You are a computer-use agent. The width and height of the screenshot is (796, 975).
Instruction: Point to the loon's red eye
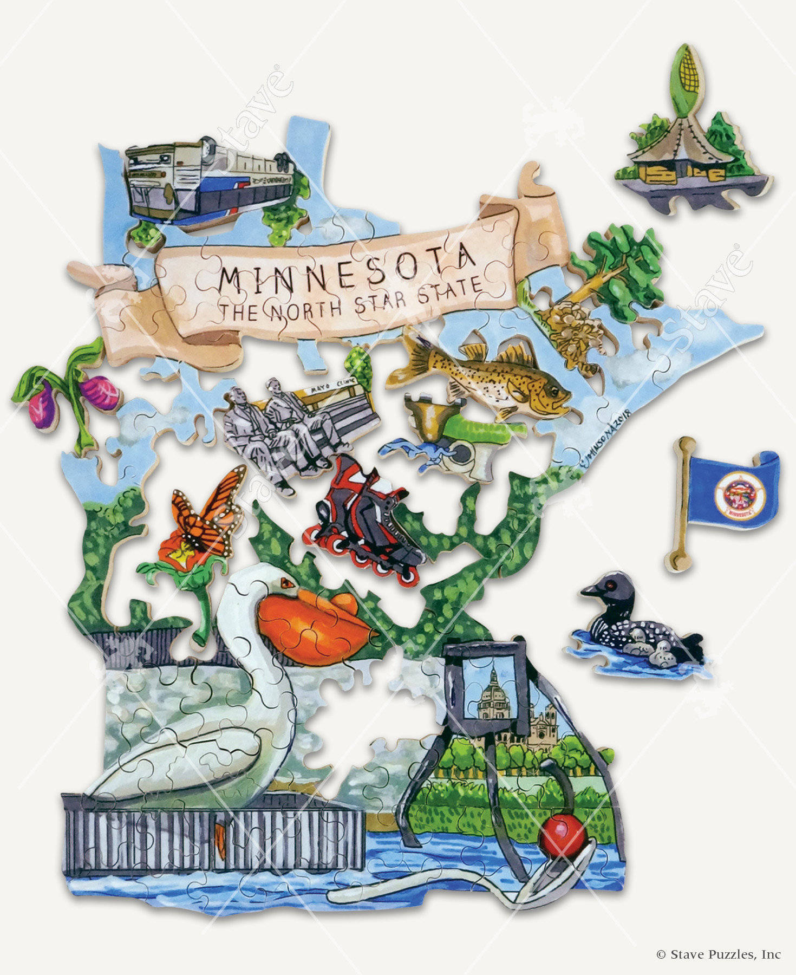coord(611,586)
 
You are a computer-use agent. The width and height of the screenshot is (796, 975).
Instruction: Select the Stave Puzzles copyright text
coord(719,954)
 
